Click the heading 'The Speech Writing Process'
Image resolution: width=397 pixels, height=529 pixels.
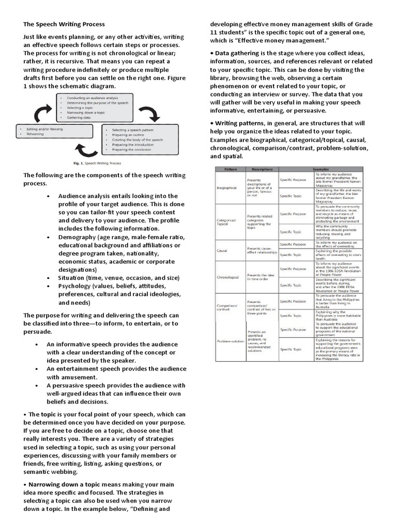point(64,24)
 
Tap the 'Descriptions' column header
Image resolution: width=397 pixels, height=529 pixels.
point(262,169)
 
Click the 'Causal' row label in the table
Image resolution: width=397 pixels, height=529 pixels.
point(222,250)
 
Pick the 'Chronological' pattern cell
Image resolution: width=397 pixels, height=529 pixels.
point(228,277)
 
